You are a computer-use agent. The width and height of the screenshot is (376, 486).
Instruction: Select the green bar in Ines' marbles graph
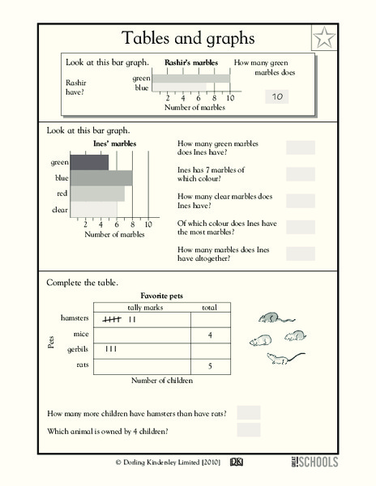(90, 162)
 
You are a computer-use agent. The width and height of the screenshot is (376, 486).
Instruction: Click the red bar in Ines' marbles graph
(97, 194)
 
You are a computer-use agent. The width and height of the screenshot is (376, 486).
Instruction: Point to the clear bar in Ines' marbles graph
(94, 210)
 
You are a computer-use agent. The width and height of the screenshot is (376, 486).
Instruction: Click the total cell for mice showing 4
(209, 335)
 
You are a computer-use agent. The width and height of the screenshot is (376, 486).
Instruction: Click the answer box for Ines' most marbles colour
(300, 227)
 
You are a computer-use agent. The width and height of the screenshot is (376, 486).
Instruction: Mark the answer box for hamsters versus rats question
(249, 413)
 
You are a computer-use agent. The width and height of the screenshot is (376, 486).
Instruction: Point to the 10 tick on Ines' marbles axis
(147, 224)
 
